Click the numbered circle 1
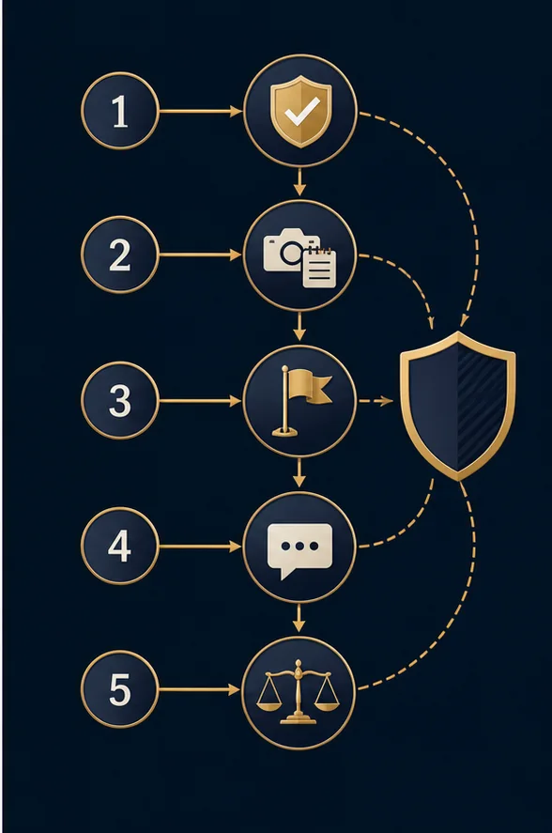120,111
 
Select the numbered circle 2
120,255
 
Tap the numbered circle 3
120,401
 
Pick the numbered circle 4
120,546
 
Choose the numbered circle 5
120,689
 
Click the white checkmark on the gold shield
301,112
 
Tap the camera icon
284,250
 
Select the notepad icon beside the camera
320,268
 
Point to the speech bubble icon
299,549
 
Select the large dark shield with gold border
458,406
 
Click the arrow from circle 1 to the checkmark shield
201,111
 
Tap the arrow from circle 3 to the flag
201,401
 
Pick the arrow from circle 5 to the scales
200,689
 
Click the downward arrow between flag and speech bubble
299,472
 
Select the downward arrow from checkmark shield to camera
300,181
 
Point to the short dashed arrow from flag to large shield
376,401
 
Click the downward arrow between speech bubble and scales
299,618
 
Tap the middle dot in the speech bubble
300,547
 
